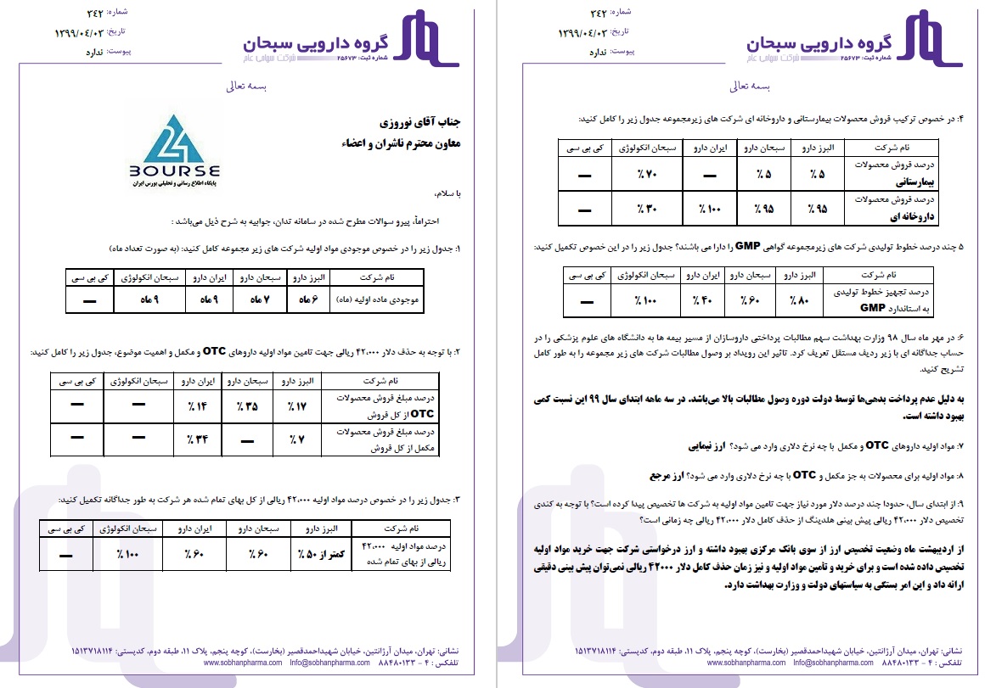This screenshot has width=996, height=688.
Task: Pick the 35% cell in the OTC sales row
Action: pyautogui.click(x=247, y=408)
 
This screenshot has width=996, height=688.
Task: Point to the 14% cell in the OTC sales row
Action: pyautogui.click(x=196, y=408)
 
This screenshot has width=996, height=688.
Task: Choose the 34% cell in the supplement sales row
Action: pyautogui.click(x=196, y=439)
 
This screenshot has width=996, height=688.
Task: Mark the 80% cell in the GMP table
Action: pyautogui.click(x=799, y=300)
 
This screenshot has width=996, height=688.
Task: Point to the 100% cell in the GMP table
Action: pyautogui.click(x=648, y=300)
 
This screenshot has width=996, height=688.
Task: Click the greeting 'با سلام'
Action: pyautogui.click(x=444, y=194)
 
